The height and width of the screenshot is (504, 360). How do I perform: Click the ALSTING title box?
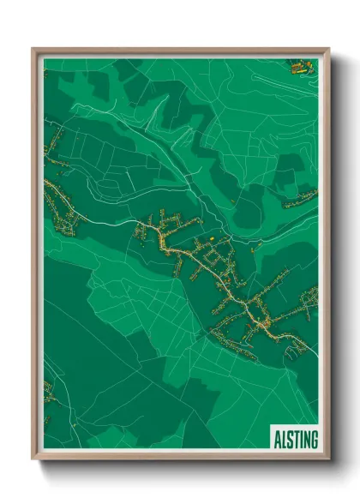(295, 438)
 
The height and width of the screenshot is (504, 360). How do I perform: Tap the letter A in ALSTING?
(277, 439)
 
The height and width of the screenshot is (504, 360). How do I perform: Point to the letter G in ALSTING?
(314, 439)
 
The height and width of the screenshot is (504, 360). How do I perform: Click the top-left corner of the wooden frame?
(33, 49)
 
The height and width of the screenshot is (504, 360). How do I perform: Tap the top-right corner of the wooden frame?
(328, 49)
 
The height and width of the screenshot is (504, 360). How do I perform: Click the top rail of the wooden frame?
(180, 51)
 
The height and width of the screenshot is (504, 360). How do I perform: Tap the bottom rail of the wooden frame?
(180, 457)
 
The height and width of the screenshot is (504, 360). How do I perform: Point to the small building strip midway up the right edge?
(300, 200)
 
